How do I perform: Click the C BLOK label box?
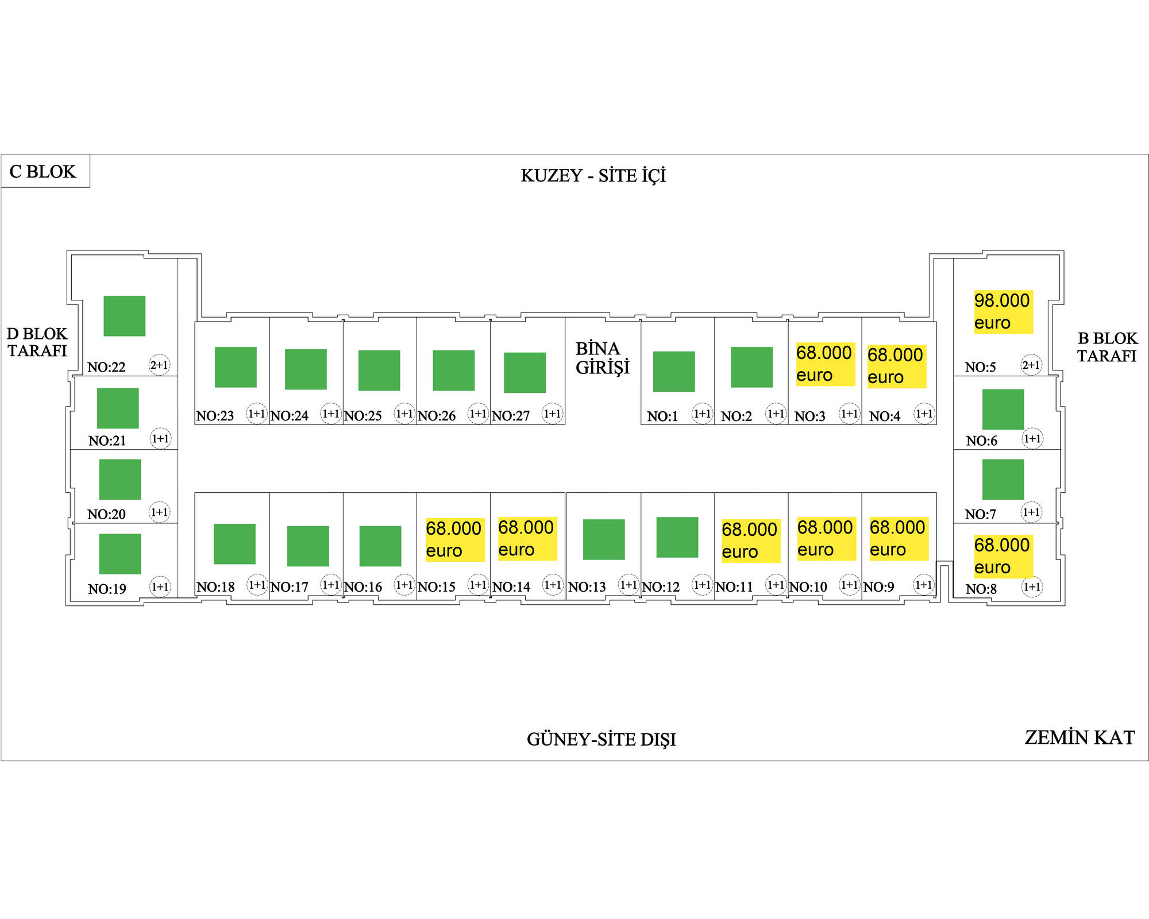(x=45, y=171)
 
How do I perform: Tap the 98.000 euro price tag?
(x=1003, y=312)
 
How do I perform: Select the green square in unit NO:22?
(x=124, y=316)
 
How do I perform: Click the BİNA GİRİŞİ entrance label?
(x=602, y=358)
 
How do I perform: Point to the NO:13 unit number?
(x=587, y=587)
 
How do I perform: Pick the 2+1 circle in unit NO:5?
(x=1031, y=365)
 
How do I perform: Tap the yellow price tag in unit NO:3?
(x=825, y=364)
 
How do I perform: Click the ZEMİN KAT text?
(x=1079, y=737)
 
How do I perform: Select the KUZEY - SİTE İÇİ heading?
(x=593, y=176)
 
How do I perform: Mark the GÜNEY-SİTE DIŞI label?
(x=601, y=739)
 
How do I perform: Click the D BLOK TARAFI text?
(x=37, y=342)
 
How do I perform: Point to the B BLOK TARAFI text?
(x=1107, y=347)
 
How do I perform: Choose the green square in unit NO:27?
(x=525, y=373)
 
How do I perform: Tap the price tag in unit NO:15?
(x=454, y=539)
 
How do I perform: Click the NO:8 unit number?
(x=981, y=589)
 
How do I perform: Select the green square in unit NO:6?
(x=1003, y=409)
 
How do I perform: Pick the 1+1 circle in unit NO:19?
(x=160, y=586)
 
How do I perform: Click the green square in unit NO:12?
(x=677, y=537)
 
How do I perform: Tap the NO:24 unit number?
(x=289, y=416)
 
